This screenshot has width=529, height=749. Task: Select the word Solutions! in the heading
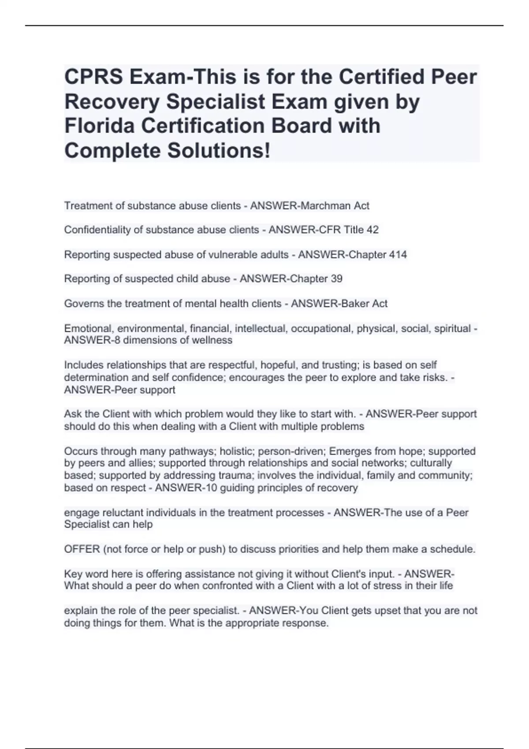pos(218,151)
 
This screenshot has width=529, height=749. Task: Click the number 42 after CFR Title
pos(373,230)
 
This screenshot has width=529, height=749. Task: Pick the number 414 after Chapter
pos(398,255)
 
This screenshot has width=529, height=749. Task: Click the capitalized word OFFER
pos(82,549)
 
